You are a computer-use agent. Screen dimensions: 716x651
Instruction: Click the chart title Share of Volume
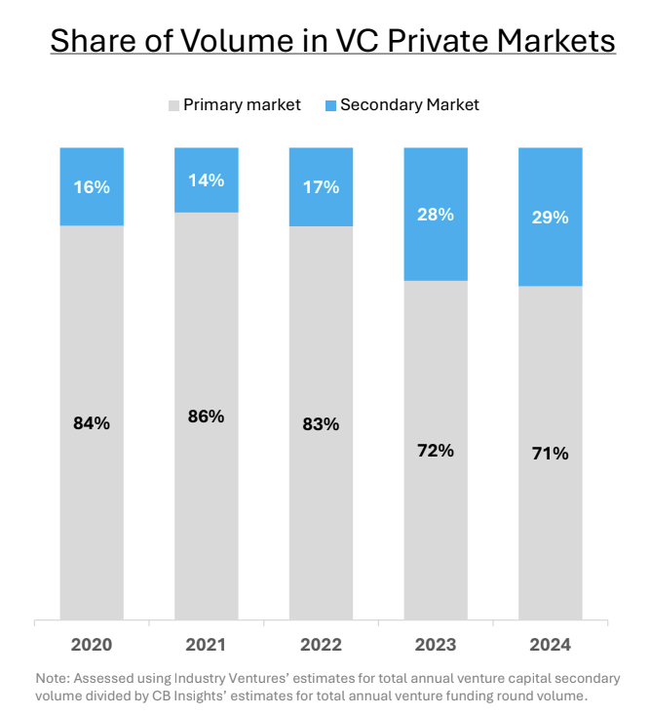point(332,41)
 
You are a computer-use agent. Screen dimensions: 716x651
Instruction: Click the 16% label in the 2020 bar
point(92,186)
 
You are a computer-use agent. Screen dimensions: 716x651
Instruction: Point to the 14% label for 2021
point(206,179)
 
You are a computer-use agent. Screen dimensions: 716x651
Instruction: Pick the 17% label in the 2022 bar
point(321,186)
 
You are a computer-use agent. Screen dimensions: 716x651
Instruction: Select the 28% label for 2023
point(436,214)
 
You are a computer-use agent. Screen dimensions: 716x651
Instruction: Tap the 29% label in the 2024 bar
point(550,217)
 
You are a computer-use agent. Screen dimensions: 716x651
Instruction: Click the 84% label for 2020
point(92,423)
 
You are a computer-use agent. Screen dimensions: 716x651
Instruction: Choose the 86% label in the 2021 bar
point(206,417)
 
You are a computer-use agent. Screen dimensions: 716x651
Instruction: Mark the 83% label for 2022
point(321,424)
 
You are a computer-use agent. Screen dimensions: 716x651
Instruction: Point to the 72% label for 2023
point(436,451)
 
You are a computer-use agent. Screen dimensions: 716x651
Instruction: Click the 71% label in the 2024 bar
point(550,454)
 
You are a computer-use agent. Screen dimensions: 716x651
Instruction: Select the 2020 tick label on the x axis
point(92,645)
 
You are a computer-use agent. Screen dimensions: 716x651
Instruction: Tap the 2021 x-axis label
point(206,645)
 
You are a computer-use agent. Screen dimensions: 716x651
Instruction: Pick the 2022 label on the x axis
point(321,645)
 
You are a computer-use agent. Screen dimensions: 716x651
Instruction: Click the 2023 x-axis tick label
point(436,645)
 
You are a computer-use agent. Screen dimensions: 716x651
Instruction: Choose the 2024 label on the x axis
point(550,645)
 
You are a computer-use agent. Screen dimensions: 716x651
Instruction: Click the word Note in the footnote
point(51,678)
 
